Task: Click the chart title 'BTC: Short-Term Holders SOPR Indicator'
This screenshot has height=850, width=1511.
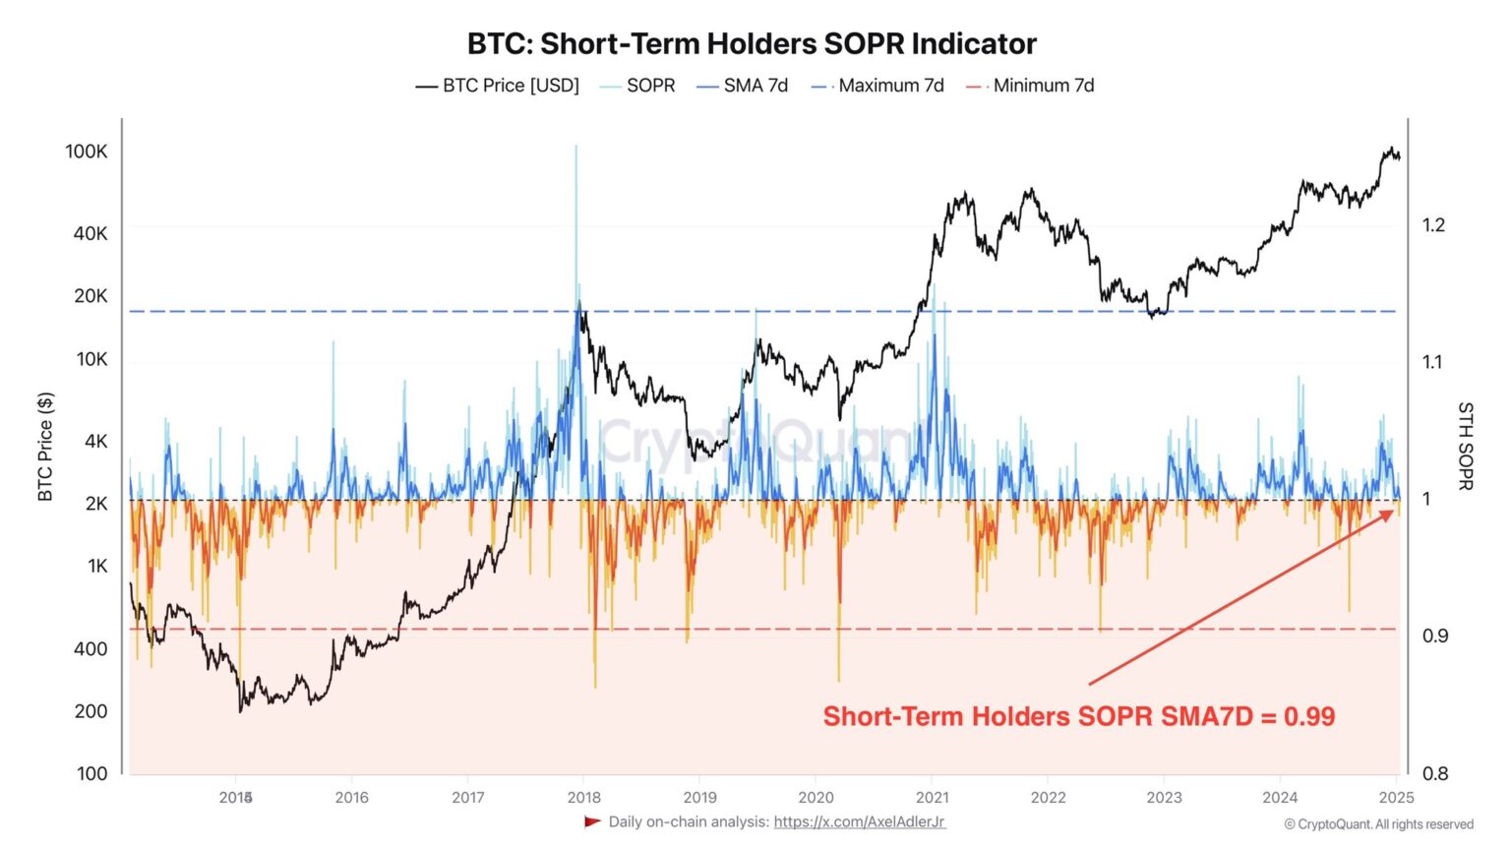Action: coord(752,44)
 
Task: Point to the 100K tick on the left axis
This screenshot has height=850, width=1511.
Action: coord(87,152)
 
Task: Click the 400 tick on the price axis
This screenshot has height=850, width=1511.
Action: coord(91,648)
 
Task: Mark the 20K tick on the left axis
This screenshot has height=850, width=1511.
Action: coord(91,296)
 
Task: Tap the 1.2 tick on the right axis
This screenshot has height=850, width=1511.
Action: coord(1433,225)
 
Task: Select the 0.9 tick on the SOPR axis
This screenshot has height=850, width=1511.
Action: coord(1434,636)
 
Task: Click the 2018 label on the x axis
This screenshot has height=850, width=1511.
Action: coord(583,797)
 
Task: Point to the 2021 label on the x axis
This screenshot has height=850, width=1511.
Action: coord(932,797)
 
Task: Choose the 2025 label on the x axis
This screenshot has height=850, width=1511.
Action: coord(1396,797)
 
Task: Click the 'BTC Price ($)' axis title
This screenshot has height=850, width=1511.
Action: coord(45,447)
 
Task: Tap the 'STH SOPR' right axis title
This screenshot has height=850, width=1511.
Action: coord(1465,446)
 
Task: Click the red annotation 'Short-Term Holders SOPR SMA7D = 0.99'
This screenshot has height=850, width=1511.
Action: coord(1078,716)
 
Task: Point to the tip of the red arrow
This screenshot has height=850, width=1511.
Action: coord(1394,510)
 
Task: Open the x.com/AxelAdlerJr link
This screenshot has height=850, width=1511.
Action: coord(859,821)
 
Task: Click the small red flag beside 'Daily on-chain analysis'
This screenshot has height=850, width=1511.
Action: coord(592,821)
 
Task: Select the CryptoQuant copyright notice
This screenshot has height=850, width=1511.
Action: coord(1378,824)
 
